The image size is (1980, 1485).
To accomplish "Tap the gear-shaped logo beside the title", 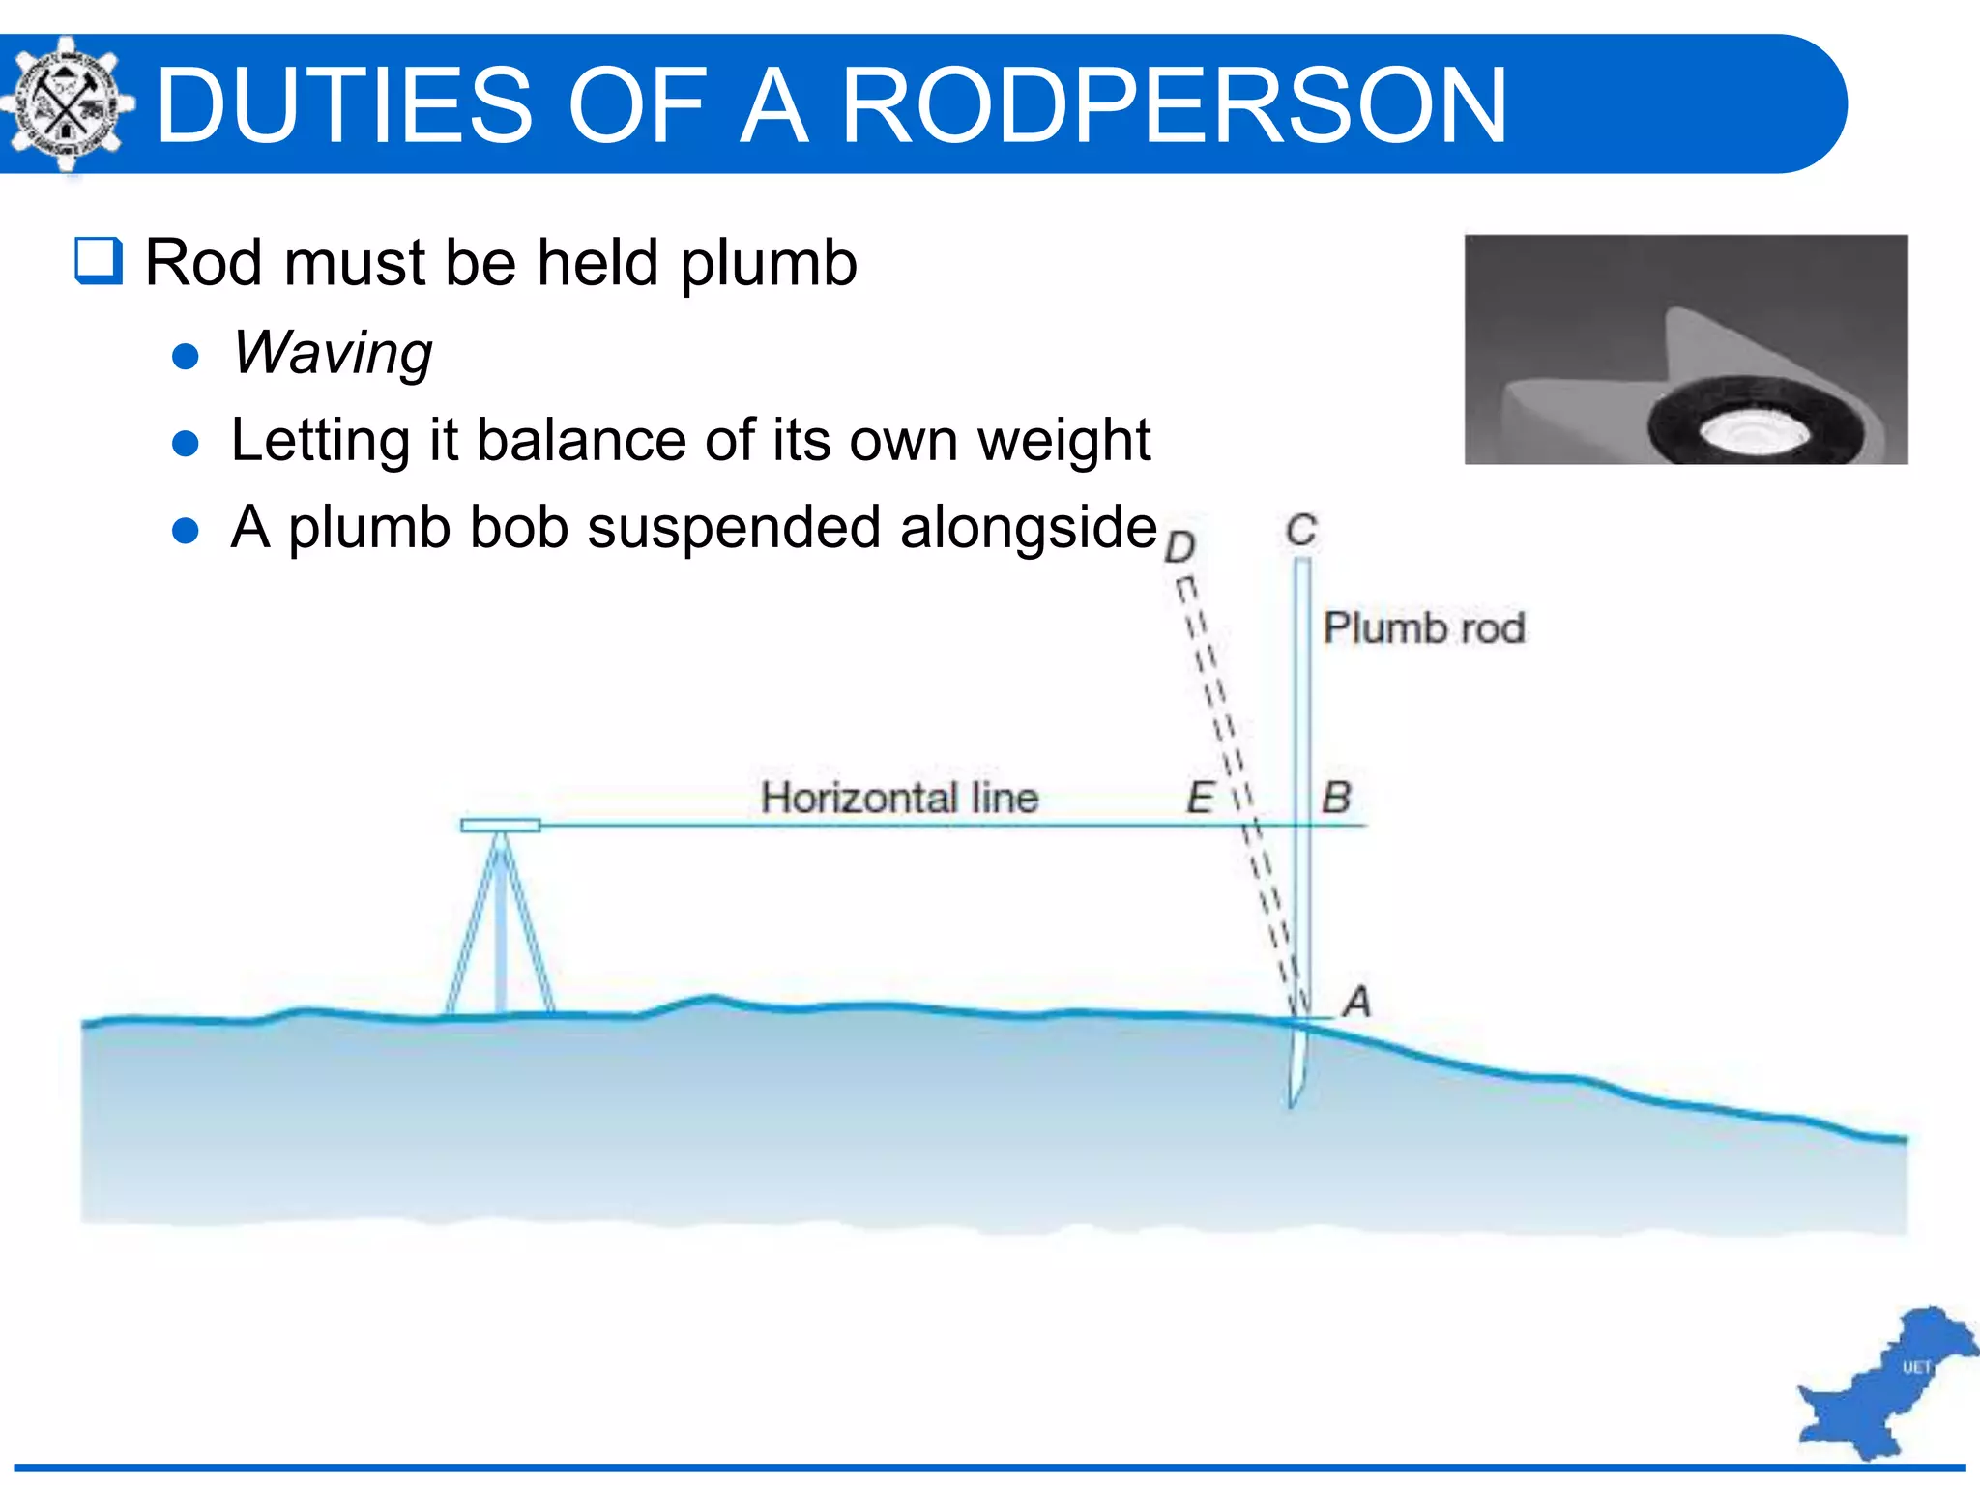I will click(x=65, y=104).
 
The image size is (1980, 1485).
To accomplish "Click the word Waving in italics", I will click(x=332, y=353).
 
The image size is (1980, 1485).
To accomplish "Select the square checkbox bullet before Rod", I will click(x=99, y=261).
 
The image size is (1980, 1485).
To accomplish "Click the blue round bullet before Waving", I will click(x=185, y=357).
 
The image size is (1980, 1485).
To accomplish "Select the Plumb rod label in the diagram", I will click(x=1423, y=628).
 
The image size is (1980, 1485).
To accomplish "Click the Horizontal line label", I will click(x=899, y=799).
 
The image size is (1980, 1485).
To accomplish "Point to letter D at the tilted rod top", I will click(x=1179, y=547).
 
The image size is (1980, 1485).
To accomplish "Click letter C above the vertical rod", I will click(x=1301, y=530).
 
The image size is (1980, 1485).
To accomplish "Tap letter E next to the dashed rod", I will click(x=1200, y=799).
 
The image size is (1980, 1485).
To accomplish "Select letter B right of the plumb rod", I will click(x=1336, y=799).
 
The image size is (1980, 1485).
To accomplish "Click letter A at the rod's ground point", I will click(x=1357, y=1002).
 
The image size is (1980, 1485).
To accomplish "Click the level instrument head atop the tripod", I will click(x=500, y=825).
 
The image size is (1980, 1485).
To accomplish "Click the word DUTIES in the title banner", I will click(x=344, y=104).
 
